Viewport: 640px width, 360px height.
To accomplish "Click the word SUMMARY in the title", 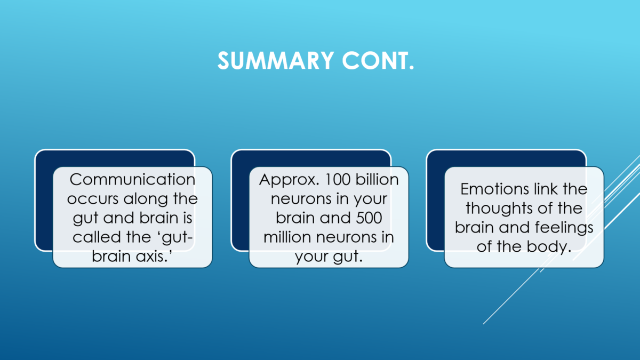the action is pos(276,61).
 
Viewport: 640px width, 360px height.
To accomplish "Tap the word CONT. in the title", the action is pos(378,61).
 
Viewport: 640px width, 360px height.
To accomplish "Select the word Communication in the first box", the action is pos(133,180).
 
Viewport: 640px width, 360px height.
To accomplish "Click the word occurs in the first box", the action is pos(93,199).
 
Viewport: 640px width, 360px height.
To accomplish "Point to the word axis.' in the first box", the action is pos(154,256).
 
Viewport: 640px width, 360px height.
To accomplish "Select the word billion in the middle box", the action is pos(377,180).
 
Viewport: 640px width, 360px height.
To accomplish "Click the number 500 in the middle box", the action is pos(369,218).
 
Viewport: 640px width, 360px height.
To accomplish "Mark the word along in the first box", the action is pos(146,199).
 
